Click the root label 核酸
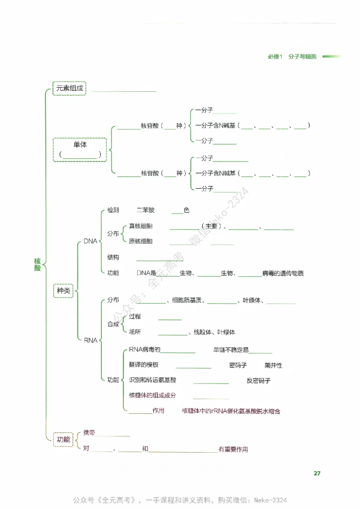[37, 264]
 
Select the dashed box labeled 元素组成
[69, 88]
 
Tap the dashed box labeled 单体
[80, 149]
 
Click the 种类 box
[63, 291]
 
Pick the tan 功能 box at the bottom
[63, 439]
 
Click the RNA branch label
[90, 340]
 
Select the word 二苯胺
[145, 210]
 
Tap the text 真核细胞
[140, 226]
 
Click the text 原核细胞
[140, 241]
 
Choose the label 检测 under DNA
[113, 210]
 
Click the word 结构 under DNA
[113, 257]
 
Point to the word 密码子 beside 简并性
[238, 365]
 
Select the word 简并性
[273, 365]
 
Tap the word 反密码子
[258, 380]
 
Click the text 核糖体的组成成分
[152, 395]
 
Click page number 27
[317, 473]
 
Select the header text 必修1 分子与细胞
[292, 57]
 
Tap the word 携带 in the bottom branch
[89, 433]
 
